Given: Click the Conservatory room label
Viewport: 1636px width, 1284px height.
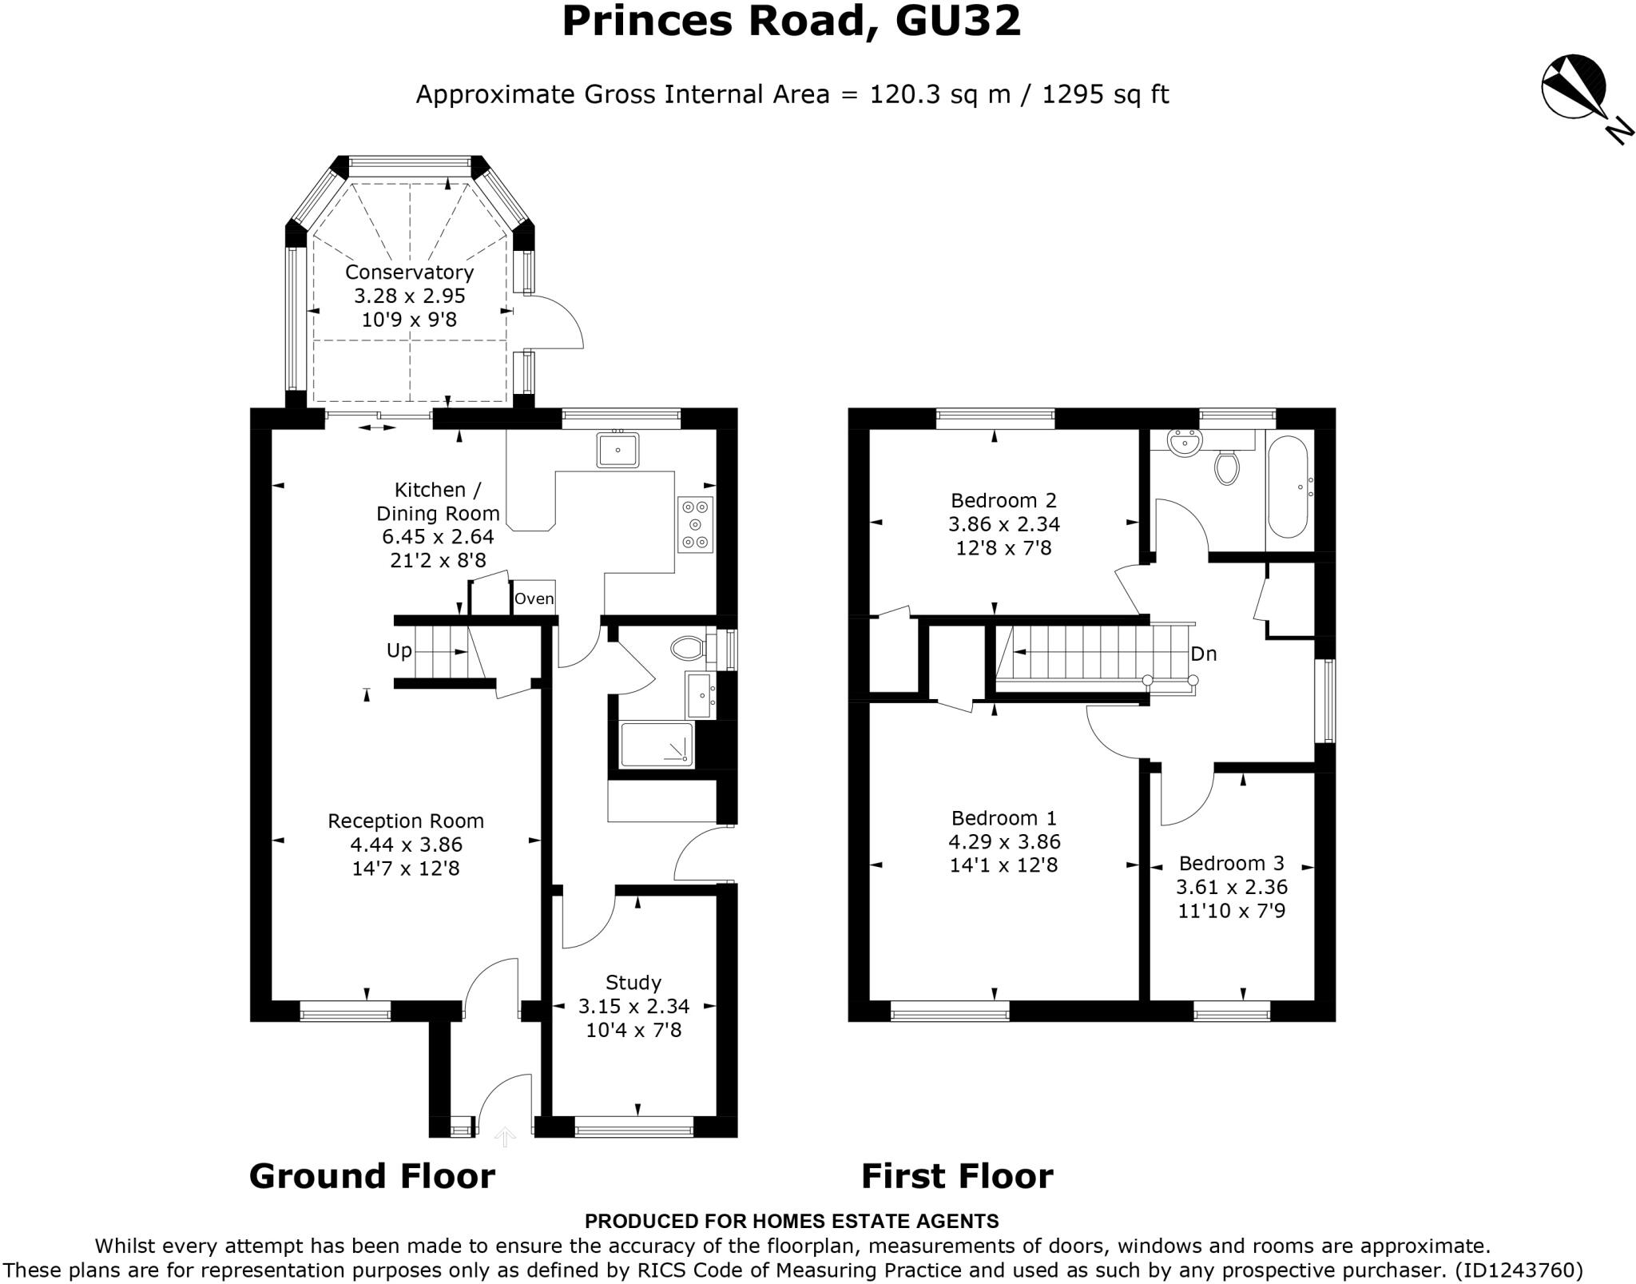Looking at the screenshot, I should (409, 272).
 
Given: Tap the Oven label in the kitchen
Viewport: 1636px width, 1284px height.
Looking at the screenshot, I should (534, 598).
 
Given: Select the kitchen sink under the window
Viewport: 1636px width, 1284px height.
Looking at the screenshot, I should (617, 450).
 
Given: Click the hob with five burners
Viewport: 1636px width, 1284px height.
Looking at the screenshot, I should (695, 524).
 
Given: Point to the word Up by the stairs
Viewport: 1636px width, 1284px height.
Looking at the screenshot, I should (399, 650).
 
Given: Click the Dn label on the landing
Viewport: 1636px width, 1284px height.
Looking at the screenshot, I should (1203, 654).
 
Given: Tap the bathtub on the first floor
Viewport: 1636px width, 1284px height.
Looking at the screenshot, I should (1287, 487).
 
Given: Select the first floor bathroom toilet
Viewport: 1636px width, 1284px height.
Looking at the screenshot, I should (1226, 467).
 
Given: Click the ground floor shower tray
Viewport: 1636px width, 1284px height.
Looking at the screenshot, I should (657, 745).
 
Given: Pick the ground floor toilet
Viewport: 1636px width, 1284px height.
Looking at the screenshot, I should (689, 647).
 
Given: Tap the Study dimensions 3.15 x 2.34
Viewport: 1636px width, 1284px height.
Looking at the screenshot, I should (633, 1006).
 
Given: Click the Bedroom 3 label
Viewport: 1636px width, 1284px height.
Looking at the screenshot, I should (1231, 863).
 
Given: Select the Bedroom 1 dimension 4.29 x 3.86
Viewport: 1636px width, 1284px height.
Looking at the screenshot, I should (1003, 841).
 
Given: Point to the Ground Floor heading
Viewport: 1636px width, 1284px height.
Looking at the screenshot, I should (372, 1176).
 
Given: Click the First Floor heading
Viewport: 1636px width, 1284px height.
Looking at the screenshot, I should (957, 1176).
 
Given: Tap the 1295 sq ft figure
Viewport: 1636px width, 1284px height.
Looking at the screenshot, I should (1106, 94).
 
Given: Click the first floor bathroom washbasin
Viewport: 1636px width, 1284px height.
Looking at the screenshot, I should (1184, 443).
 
